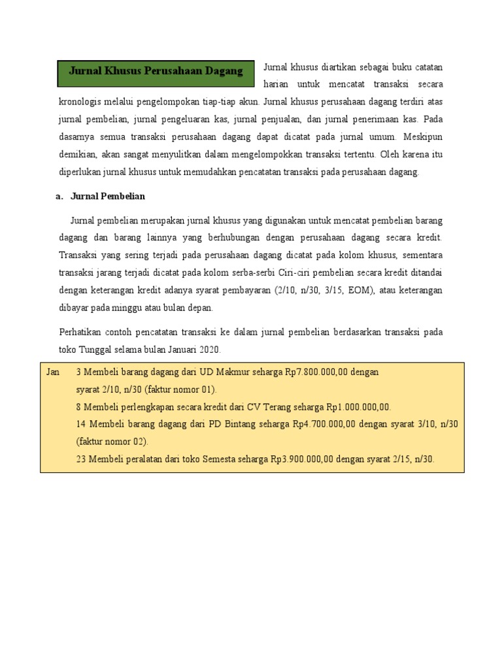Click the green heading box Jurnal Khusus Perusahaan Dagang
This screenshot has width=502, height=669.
click(x=155, y=72)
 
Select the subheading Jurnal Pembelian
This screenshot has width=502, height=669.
click(x=107, y=196)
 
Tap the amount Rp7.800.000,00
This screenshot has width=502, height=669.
click(x=316, y=372)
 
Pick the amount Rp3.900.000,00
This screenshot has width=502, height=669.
click(x=302, y=459)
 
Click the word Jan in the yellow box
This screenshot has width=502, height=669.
click(x=54, y=372)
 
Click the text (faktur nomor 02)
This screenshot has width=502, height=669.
click(x=112, y=441)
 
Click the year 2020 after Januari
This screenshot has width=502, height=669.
click(x=210, y=350)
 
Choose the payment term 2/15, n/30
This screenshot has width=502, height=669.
click(x=409, y=459)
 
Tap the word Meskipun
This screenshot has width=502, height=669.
click(x=423, y=137)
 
